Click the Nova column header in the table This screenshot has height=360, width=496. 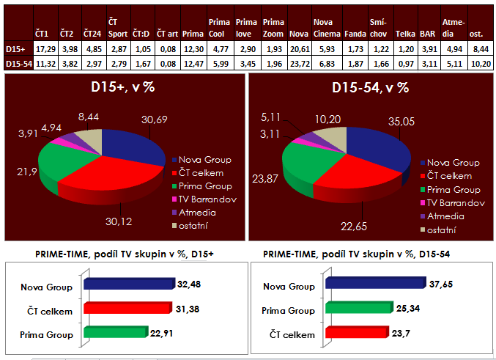pyautogui.click(x=297, y=34)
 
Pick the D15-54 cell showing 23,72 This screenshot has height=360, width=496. pyautogui.click(x=298, y=63)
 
